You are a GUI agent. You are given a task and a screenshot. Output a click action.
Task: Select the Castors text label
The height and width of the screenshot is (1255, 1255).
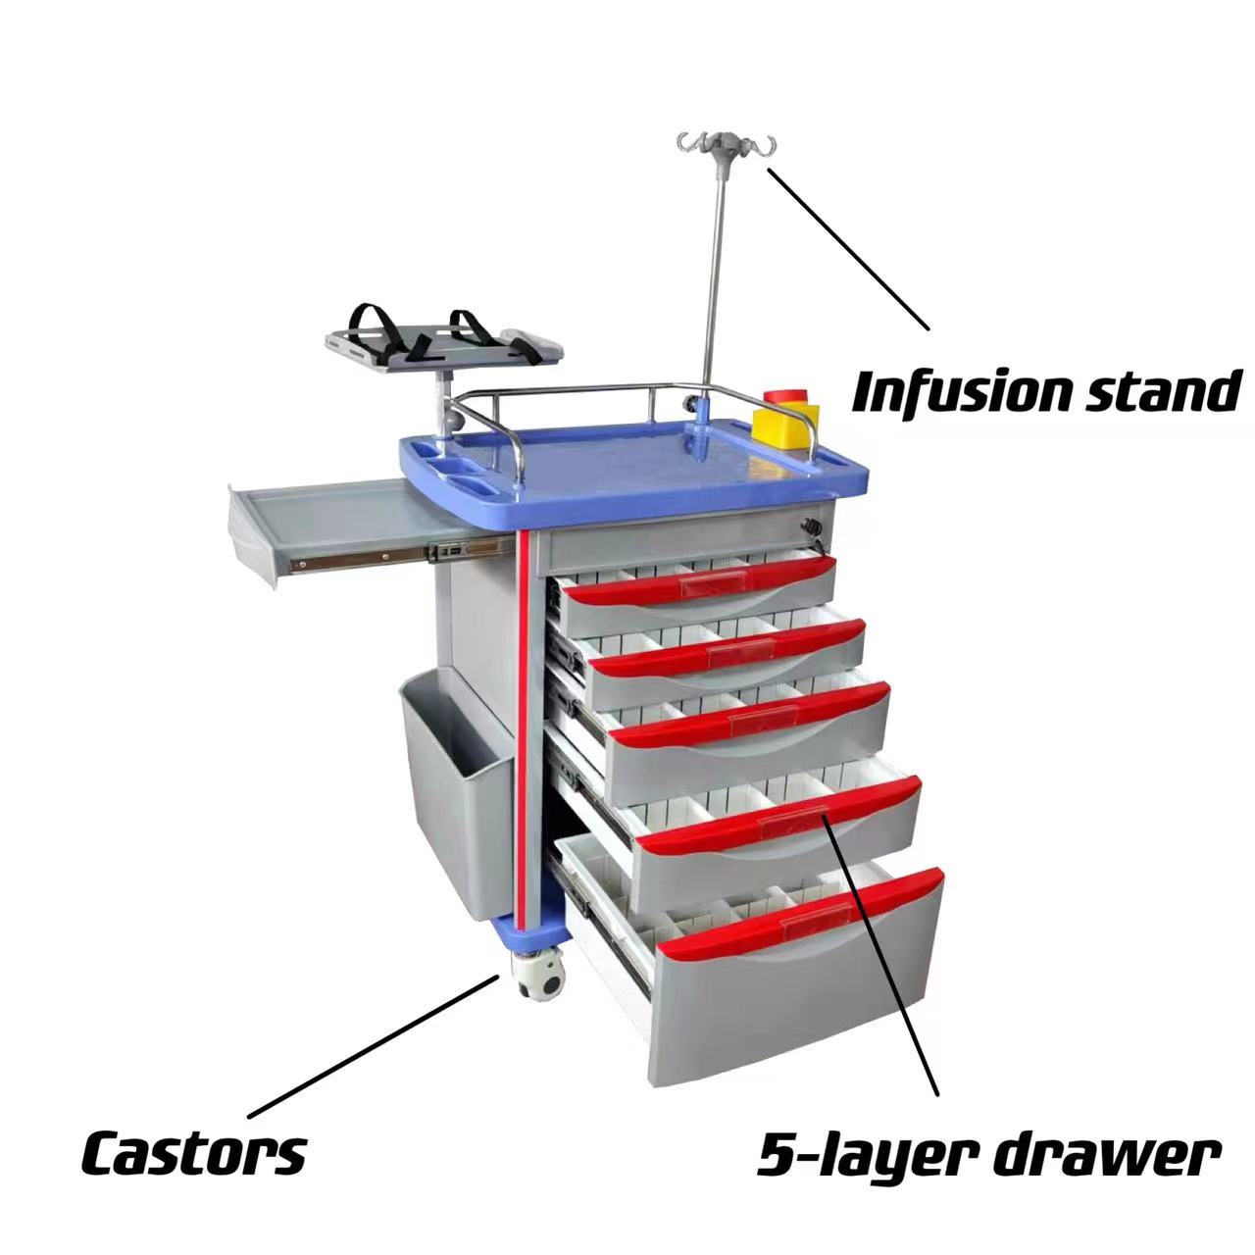[x=193, y=1153]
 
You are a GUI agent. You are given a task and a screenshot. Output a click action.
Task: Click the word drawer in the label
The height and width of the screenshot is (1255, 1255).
[x=1107, y=1157]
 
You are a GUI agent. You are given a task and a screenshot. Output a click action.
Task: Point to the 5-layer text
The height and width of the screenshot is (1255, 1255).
[x=863, y=1157]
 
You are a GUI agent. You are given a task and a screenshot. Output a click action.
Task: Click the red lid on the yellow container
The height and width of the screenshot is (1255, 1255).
[x=783, y=397]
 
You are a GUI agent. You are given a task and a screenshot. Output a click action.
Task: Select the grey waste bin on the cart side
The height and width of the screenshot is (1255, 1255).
[x=453, y=794]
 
